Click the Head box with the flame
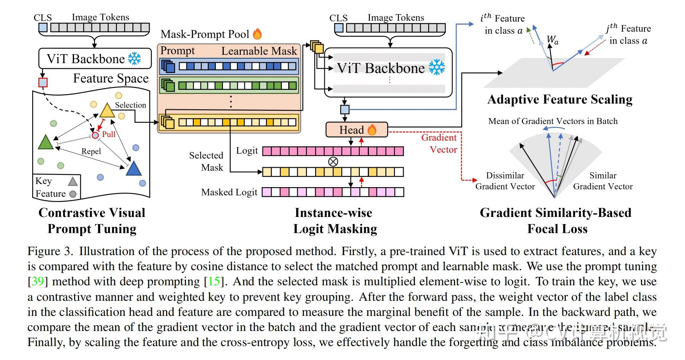[x=356, y=130]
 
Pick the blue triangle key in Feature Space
[x=134, y=169]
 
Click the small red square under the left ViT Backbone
[x=43, y=82]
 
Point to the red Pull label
[x=109, y=134]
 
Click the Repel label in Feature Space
[x=91, y=151]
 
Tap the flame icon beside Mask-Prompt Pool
[x=258, y=34]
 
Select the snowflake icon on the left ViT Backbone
[x=134, y=59]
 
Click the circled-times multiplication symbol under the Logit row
[x=333, y=161]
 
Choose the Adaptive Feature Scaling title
[x=560, y=99]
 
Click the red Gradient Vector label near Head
[x=439, y=143]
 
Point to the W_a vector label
[x=553, y=40]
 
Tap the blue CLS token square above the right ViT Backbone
[x=339, y=28]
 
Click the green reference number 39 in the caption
[x=37, y=281]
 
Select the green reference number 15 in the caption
[x=214, y=281]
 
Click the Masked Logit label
[x=229, y=192]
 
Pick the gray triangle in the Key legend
[x=73, y=182]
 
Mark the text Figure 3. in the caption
[x=50, y=251]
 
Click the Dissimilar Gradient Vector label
[x=505, y=181]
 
